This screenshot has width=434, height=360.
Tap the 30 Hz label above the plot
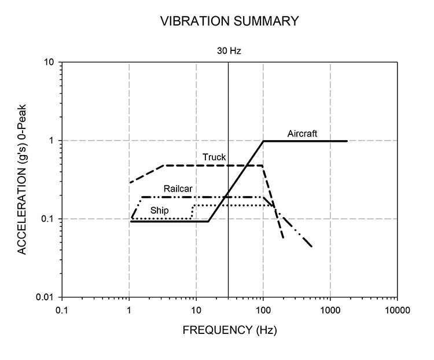(229, 51)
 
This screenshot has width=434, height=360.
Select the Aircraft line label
(303, 134)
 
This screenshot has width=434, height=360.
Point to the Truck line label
(214, 157)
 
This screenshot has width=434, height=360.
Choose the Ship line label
(160, 210)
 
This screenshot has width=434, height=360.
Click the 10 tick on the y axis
(51, 62)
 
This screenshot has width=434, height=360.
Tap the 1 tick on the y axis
(53, 141)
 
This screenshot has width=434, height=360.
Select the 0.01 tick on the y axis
(47, 297)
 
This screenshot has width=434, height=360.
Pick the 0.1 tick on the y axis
(49, 219)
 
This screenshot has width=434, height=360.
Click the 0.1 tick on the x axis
(62, 311)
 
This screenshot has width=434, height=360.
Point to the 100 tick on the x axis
(263, 311)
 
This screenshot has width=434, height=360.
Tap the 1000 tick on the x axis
(330, 311)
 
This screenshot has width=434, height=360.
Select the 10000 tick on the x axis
(397, 311)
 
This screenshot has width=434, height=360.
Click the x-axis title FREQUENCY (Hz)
(230, 332)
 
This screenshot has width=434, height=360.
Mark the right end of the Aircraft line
(347, 141)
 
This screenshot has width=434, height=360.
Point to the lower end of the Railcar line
(312, 247)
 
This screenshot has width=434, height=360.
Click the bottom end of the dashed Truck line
(283, 238)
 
